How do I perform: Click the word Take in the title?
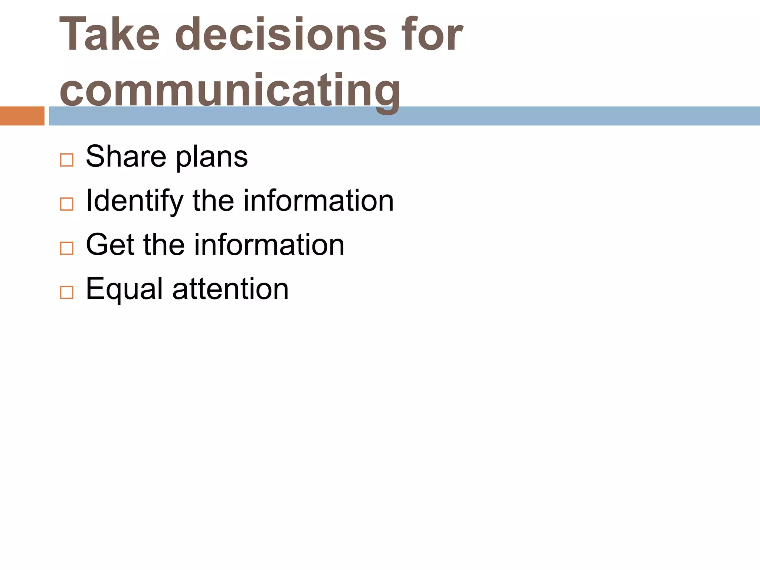coord(110,35)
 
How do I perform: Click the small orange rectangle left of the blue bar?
coord(22,116)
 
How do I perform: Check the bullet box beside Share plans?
coord(67,160)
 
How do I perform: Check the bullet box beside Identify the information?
coord(67,204)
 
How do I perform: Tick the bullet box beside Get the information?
coord(67,248)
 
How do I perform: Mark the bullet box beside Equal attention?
coord(67,292)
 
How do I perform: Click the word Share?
coord(126,157)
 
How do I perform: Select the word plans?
coord(212,158)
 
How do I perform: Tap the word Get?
coord(110,245)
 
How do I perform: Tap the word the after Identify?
coord(213,201)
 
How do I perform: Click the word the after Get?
coord(164,245)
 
